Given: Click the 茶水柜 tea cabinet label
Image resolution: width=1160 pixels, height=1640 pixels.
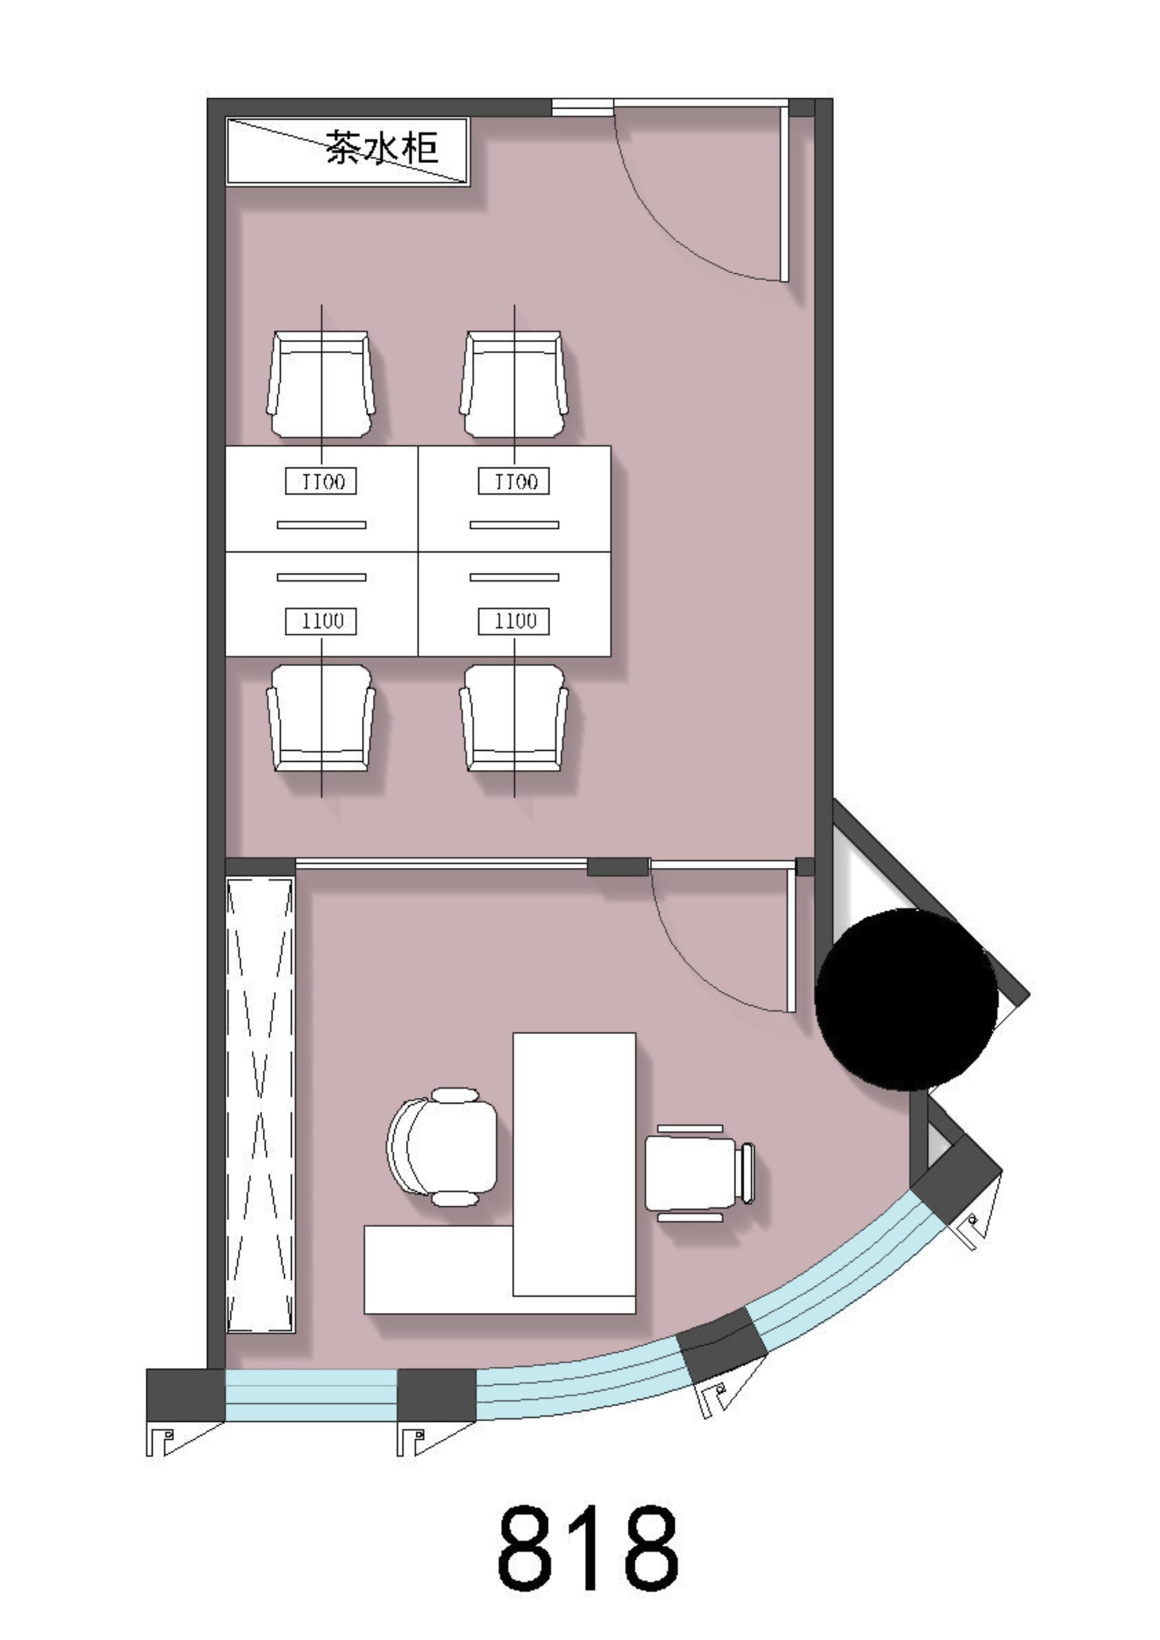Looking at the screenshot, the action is (382, 147).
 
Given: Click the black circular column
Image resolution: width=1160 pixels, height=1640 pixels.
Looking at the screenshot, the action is (907, 1000).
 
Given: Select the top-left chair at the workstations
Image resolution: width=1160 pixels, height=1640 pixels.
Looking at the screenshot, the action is (321, 383).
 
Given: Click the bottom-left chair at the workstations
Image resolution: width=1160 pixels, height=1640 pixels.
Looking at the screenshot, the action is (321, 718).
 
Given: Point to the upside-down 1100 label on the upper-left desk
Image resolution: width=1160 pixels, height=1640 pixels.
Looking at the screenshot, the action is (321, 481).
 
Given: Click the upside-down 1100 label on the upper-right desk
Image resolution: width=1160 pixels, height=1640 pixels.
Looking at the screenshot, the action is (513, 481).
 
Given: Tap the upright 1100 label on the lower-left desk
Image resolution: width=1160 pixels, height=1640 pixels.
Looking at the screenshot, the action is (321, 621).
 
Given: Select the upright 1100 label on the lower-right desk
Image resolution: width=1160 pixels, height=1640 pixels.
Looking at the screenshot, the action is (513, 621).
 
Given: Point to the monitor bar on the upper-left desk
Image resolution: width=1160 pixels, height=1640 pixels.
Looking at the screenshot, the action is (321, 525).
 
